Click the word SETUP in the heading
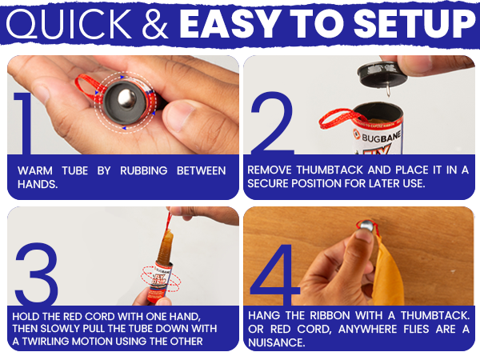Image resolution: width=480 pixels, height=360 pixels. (x=414, y=24)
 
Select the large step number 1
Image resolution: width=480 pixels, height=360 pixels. (x=23, y=123)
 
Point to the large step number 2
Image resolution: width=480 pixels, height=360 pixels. (x=273, y=123)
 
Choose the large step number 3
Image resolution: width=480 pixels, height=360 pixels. (x=37, y=274)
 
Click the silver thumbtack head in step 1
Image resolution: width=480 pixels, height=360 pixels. (x=126, y=98)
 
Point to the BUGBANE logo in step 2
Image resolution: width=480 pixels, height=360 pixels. (x=378, y=137)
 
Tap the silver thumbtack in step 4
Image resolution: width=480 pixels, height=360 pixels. (x=366, y=226)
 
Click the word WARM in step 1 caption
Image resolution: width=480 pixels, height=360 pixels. (x=35, y=170)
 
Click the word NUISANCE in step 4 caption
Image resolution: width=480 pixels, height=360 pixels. (x=276, y=342)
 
